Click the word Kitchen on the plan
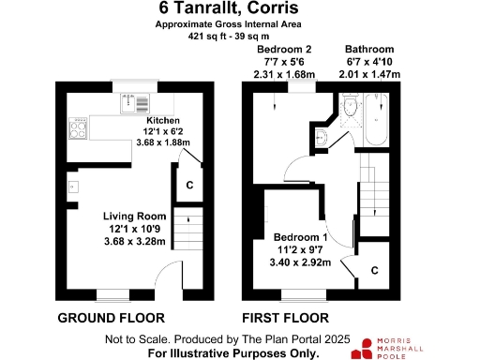point(162,120)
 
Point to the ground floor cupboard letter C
point(188,185)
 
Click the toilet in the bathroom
point(349,111)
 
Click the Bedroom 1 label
point(299,237)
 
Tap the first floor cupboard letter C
point(375,270)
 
